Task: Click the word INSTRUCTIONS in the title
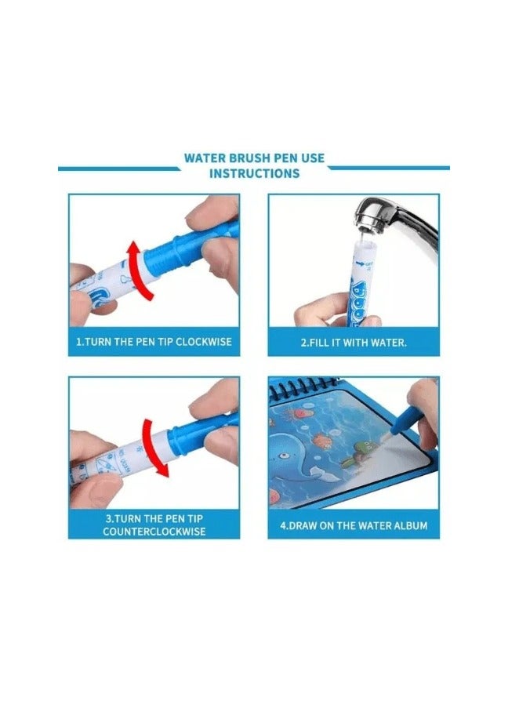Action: (254, 173)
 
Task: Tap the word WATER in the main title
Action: (205, 158)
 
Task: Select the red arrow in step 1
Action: (137, 270)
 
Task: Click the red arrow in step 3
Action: (154, 448)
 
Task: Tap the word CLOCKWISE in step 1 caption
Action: (204, 341)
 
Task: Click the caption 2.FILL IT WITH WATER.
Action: (354, 343)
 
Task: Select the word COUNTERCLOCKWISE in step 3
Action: (154, 532)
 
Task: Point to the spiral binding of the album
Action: (303, 387)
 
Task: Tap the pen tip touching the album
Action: (387, 437)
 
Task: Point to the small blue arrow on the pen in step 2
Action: (359, 263)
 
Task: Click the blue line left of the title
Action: (119, 169)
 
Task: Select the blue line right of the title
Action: (389, 168)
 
